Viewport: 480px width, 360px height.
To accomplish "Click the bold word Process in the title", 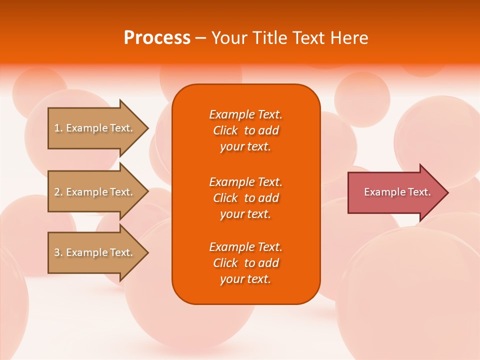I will pyautogui.click(x=157, y=38).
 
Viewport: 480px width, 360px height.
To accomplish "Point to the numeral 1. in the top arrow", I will pyautogui.click(x=58, y=128).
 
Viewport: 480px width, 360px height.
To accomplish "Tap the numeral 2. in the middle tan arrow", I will pyautogui.click(x=58, y=192).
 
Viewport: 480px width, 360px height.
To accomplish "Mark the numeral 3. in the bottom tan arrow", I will pyautogui.click(x=58, y=252).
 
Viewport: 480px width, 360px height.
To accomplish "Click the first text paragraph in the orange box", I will pyautogui.click(x=245, y=130).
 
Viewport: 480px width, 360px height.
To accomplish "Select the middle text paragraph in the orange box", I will pyautogui.click(x=245, y=198).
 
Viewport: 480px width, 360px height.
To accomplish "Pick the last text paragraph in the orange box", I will pyautogui.click(x=245, y=263).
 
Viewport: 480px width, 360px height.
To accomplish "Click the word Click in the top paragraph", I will pyautogui.click(x=225, y=130).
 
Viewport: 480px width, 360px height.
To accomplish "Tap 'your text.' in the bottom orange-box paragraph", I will pyautogui.click(x=245, y=279).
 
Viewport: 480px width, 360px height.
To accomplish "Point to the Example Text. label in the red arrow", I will pyautogui.click(x=397, y=192).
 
